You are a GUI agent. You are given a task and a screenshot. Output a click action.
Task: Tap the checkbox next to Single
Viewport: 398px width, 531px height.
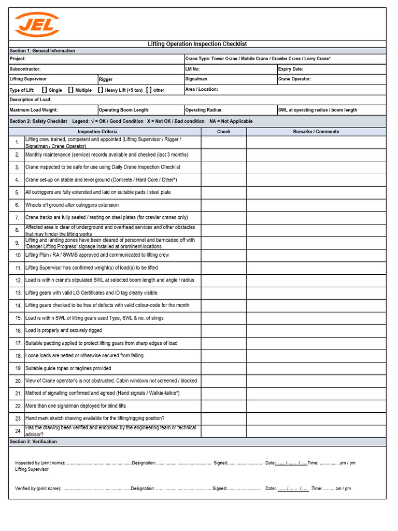coord(45,90)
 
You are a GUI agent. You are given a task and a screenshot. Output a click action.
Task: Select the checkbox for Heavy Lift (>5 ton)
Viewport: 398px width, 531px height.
coord(100,90)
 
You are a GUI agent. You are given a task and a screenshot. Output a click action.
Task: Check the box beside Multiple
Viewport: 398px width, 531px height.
coord(71,90)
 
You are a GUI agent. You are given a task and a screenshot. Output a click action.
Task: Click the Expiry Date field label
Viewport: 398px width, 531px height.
coord(291,69)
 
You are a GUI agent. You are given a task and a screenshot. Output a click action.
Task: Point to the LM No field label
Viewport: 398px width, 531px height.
coord(192,69)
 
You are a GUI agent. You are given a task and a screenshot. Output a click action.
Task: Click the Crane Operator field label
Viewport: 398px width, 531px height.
coord(294,79)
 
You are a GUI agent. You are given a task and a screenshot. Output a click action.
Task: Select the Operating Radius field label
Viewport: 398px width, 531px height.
coord(202,110)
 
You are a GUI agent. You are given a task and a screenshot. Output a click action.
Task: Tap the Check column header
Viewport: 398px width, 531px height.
coord(224,132)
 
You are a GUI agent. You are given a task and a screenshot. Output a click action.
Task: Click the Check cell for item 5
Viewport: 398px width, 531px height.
coord(224,192)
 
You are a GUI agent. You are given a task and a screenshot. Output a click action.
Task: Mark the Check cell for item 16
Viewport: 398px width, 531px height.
coord(224,331)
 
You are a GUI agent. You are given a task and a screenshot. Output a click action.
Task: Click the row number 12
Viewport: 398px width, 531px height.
coord(18,281)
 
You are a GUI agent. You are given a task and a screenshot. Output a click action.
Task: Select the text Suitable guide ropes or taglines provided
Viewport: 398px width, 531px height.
coord(68,368)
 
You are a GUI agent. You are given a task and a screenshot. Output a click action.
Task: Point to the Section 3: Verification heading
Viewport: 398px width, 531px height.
coord(33,442)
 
